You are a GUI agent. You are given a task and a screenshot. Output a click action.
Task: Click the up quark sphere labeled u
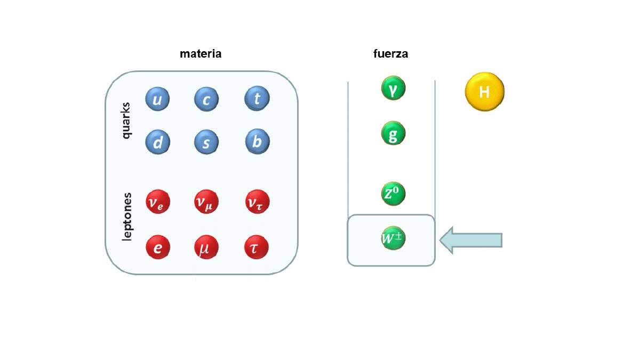click(157, 99)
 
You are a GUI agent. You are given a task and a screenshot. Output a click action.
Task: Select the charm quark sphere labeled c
click(206, 99)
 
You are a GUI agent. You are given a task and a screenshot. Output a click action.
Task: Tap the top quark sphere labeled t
click(257, 98)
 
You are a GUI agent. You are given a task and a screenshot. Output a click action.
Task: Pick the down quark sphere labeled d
click(157, 142)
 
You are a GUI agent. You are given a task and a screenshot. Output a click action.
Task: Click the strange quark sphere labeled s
click(206, 142)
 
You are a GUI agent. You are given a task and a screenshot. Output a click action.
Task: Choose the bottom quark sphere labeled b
click(257, 141)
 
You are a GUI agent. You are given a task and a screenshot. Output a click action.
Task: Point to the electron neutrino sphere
click(158, 202)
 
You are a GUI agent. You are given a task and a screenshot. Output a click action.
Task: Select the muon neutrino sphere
click(206, 202)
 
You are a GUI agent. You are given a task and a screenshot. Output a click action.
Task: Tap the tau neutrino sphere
click(257, 202)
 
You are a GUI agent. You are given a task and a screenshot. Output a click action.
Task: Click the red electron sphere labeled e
click(158, 247)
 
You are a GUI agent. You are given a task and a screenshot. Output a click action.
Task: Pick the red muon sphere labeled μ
click(206, 247)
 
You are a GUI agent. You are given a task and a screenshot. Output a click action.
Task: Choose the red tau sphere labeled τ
click(257, 247)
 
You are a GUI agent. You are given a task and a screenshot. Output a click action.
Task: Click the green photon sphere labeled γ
click(393, 88)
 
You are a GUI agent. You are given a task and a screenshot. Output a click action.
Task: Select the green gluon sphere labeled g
click(393, 133)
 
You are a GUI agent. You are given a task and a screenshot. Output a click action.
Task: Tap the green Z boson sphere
click(393, 194)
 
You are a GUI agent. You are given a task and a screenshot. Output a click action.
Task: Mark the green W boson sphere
click(393, 238)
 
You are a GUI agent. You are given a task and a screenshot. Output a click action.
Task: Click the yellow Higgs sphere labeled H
click(485, 92)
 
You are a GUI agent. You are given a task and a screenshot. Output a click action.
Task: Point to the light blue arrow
click(471, 241)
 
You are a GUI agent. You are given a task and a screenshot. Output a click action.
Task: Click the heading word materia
click(201, 54)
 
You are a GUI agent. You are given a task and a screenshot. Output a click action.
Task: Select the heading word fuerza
click(390, 54)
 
